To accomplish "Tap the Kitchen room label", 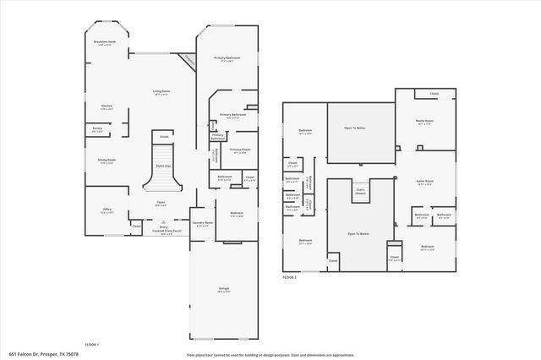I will tap(107, 107).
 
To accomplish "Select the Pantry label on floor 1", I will tap(97, 130).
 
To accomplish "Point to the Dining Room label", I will tap(107, 161).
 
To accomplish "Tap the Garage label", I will tap(224, 290).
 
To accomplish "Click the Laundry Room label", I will tap(202, 224).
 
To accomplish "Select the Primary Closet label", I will tap(239, 151).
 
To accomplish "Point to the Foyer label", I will tap(161, 203).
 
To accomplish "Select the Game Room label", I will tap(426, 183).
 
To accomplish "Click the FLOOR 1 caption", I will tap(92, 344).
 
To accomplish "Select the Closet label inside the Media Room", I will tap(433, 94).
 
